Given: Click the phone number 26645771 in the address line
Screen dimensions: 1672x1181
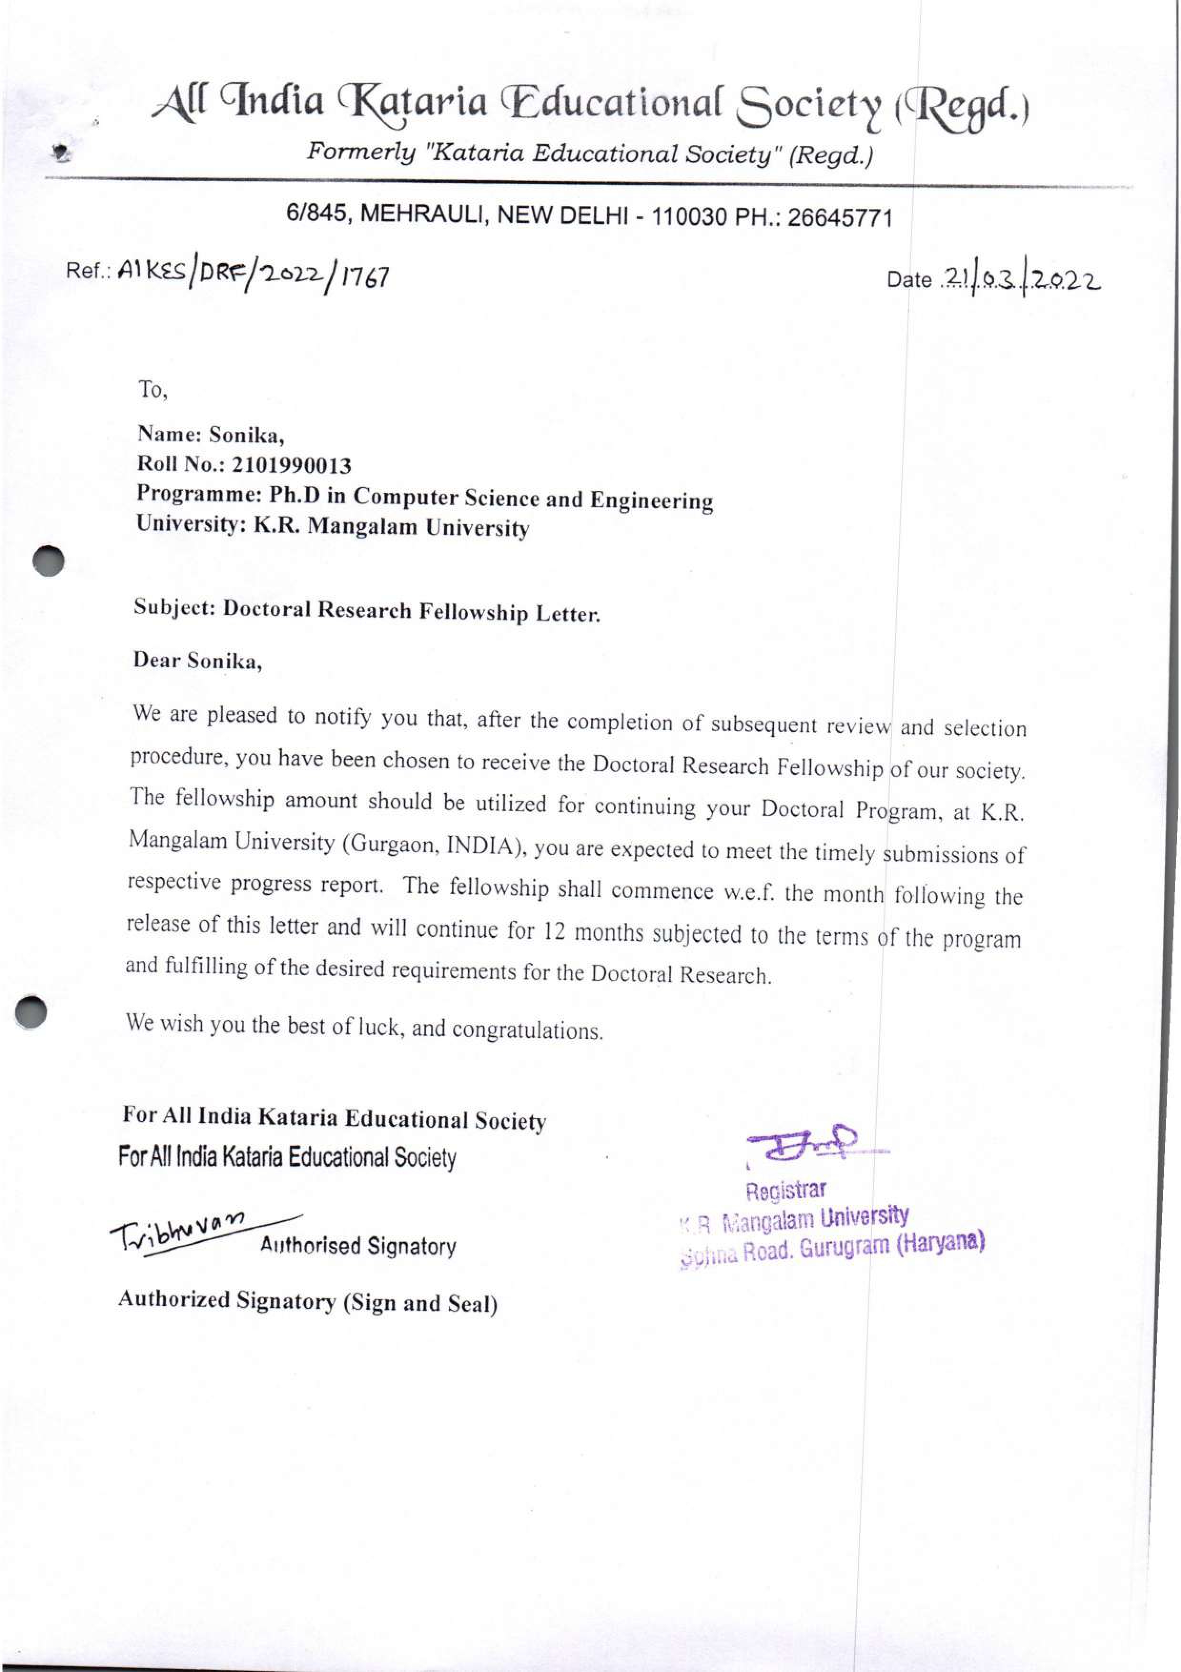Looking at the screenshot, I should coord(839,218).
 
